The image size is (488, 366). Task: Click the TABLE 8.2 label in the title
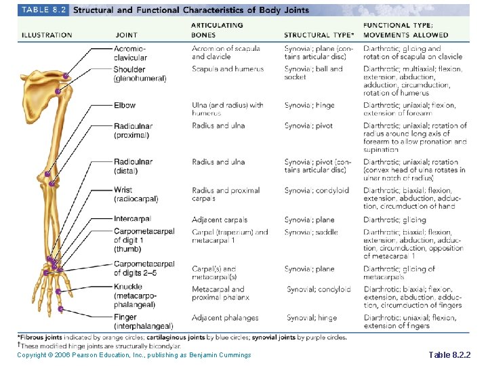[x=45, y=10]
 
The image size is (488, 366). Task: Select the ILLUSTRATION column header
[x=47, y=35]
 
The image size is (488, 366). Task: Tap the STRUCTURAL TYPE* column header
[x=319, y=35]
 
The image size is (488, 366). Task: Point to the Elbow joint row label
[x=125, y=105]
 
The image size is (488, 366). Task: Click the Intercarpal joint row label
[x=133, y=219]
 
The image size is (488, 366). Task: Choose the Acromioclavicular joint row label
[x=130, y=53]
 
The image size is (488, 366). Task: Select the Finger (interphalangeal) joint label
[x=143, y=322]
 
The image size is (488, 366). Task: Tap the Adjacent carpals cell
[x=220, y=220]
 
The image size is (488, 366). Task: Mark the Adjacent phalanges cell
[x=225, y=318]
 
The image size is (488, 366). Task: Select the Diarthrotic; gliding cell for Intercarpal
[x=394, y=220]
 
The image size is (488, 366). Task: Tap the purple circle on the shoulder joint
[x=58, y=91]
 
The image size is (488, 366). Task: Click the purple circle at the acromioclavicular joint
[x=66, y=76]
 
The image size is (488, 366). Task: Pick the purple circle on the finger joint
[x=61, y=309]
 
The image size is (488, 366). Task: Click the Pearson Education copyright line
[x=134, y=355]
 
